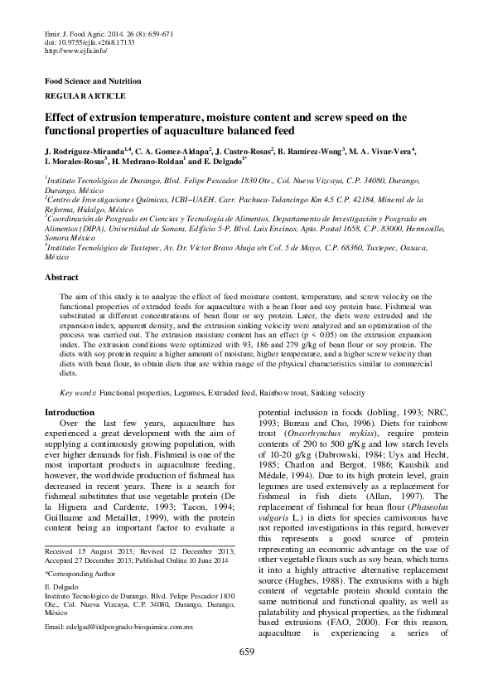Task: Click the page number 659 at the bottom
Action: pyautogui.click(x=246, y=675)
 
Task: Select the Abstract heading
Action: pyautogui.click(x=61, y=208)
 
